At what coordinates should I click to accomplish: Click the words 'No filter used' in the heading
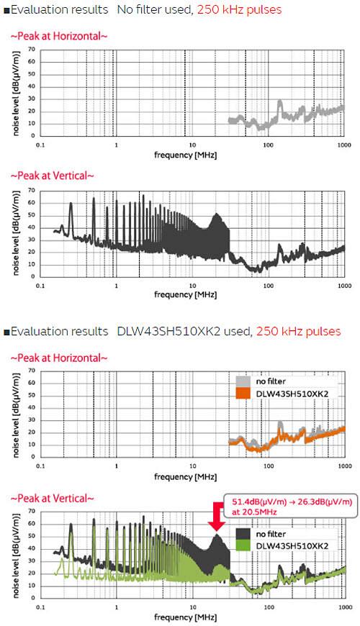[x=149, y=10]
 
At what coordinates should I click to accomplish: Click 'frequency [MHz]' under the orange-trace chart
[x=184, y=476]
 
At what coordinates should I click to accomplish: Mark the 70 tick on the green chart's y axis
[x=30, y=512]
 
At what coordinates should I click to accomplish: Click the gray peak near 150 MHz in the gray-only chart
[x=280, y=104]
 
